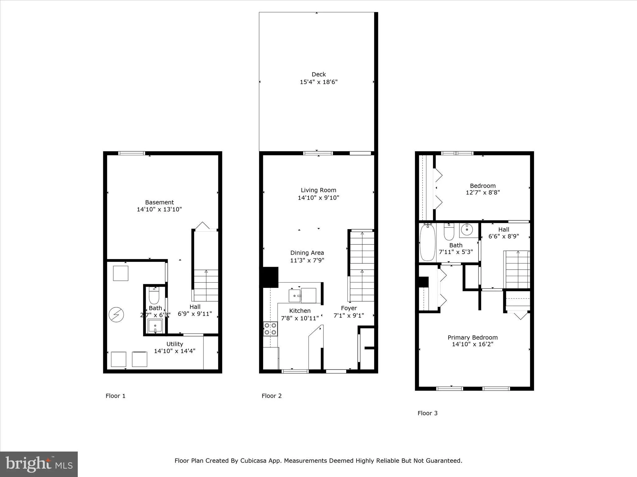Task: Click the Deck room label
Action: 318,74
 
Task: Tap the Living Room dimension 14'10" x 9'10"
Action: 318,198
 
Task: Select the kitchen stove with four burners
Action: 270,329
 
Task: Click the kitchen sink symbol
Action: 295,296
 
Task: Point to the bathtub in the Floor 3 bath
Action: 427,243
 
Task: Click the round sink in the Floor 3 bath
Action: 467,230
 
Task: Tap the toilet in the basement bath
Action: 154,296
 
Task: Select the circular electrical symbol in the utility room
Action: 116,315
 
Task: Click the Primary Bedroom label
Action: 472,338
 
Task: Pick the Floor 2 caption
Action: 272,396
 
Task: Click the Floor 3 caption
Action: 427,413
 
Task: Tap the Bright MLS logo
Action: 39,464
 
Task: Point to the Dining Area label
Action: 307,253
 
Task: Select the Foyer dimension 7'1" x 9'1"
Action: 349,316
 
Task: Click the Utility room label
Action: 174,344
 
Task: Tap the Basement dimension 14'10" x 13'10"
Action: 159,209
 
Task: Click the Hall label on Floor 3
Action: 504,229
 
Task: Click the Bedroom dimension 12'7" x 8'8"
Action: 483,192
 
